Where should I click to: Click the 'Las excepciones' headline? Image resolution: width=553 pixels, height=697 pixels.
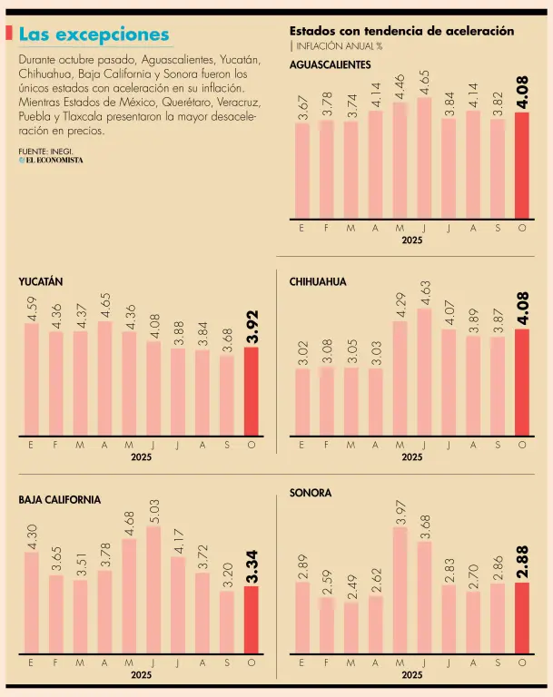point(94,34)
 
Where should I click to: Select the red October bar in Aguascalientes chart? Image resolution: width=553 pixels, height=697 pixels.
point(521,164)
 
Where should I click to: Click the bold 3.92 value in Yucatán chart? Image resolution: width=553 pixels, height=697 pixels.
point(252,325)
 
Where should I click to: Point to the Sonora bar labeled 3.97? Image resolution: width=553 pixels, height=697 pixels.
point(400,590)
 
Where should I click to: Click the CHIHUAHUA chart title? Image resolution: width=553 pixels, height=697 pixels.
point(318,282)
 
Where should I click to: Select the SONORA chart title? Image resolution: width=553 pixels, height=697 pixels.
point(311,493)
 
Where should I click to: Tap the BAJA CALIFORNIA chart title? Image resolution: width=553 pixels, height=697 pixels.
point(60,500)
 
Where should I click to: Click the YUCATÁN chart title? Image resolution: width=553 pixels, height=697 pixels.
point(40,282)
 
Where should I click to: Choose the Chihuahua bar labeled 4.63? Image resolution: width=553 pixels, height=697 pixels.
point(423,372)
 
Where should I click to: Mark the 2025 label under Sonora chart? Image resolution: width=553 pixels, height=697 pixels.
point(411,675)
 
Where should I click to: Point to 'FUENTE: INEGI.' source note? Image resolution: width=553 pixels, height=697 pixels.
point(44,150)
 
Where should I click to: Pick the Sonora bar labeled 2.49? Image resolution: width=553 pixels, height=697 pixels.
point(351,628)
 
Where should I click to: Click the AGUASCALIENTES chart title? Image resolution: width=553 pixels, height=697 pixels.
point(330,65)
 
